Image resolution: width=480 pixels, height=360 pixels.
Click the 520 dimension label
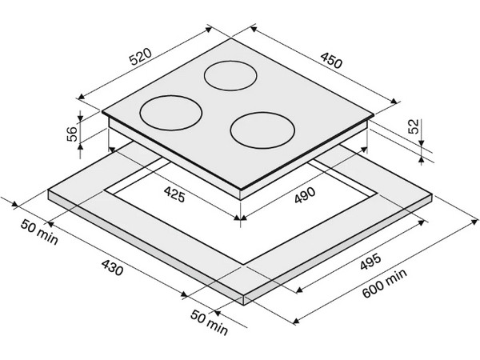pos(141,57)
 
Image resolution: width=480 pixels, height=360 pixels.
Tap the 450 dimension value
pos(331,60)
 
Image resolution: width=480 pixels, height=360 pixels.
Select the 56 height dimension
pos(72,134)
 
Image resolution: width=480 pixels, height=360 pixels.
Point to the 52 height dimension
pos(413,126)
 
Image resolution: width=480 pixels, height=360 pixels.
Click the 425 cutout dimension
pos(174,194)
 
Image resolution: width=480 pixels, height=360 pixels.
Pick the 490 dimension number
pos(305,195)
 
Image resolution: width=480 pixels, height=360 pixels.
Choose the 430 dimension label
pos(112,267)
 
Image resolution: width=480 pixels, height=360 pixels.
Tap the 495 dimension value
pos(370,262)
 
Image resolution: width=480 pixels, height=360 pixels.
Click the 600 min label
pos(385,283)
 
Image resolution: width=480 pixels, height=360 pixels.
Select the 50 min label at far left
pos(39,232)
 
